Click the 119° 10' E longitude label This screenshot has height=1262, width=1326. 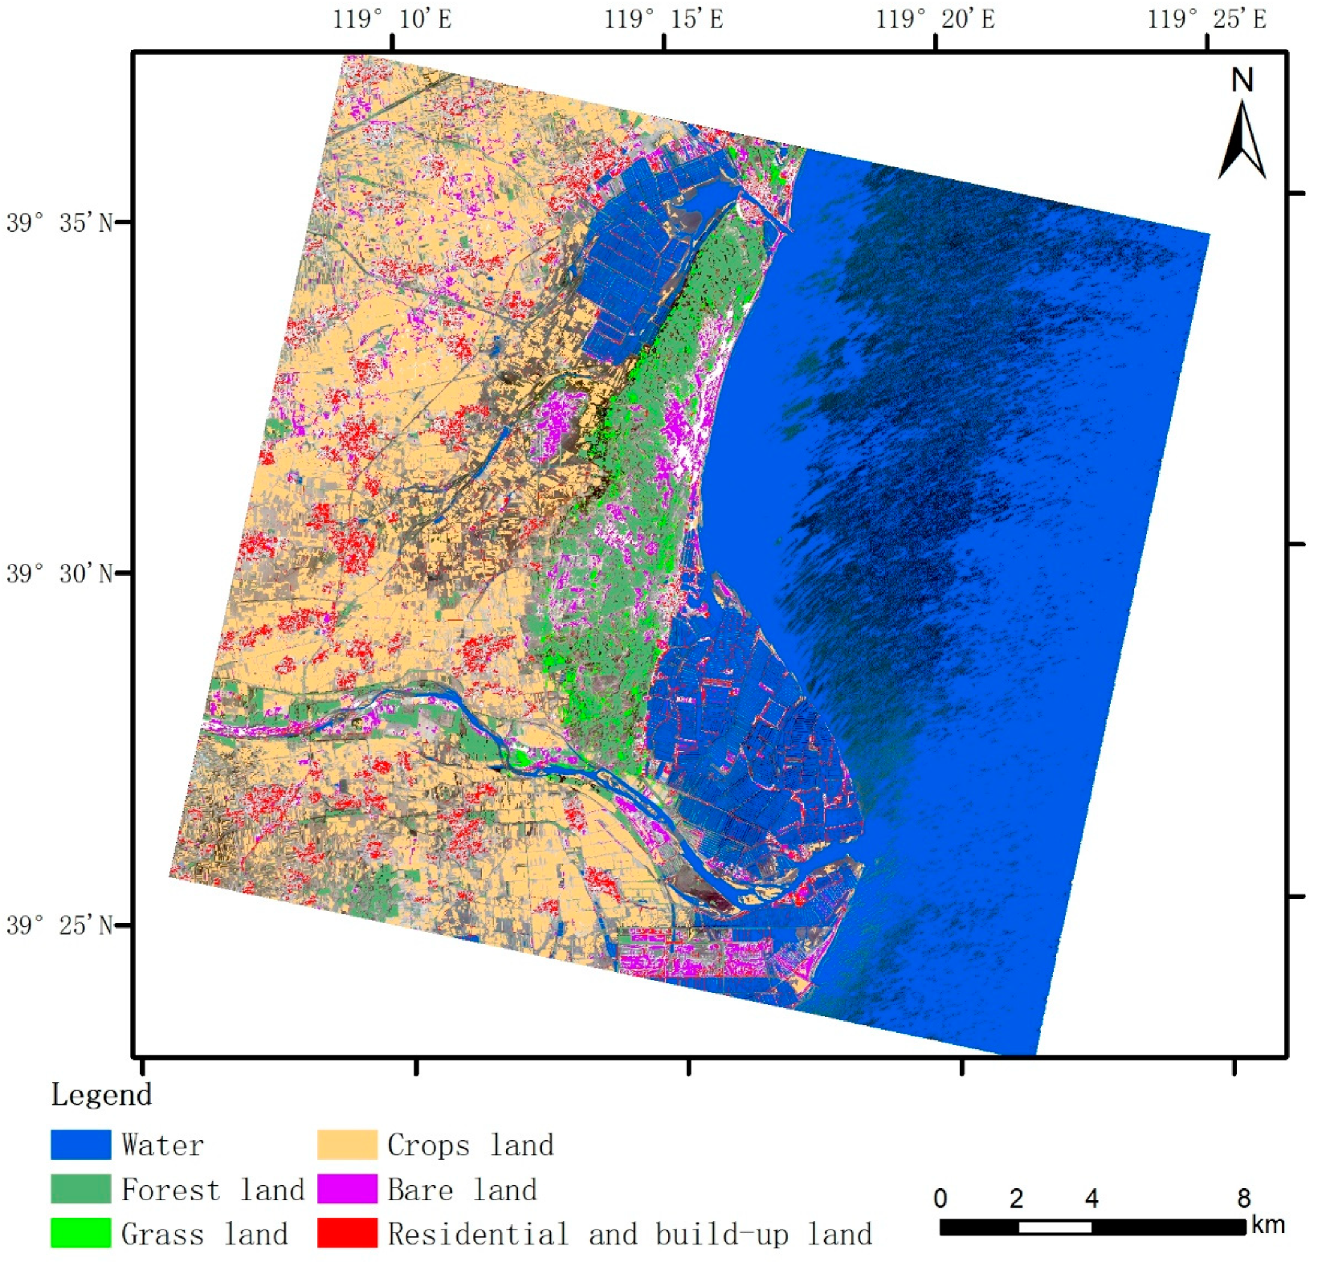click(392, 18)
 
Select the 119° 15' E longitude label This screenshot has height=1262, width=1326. click(663, 18)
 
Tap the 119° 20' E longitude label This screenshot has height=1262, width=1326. click(935, 18)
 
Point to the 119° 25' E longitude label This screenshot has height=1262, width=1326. click(1206, 18)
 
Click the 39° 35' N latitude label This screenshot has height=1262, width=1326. click(60, 223)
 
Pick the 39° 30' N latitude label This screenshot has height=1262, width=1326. click(60, 574)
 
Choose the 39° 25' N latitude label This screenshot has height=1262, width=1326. click(60, 925)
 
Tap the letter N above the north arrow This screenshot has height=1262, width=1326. click(1242, 80)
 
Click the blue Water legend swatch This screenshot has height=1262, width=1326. click(80, 1145)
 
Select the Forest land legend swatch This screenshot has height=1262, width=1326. click(80, 1189)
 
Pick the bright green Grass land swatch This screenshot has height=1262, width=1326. click(80, 1233)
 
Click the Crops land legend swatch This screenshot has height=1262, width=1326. click(347, 1145)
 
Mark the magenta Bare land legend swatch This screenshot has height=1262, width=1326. click(347, 1189)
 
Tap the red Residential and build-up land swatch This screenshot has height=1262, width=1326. click(347, 1233)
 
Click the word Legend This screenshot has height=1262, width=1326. click(101, 1094)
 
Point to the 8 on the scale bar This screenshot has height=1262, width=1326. click(1243, 1199)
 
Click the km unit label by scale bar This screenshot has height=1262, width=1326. click(1267, 1225)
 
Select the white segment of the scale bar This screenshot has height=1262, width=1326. click(1055, 1227)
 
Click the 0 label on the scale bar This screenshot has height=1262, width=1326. click(940, 1199)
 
